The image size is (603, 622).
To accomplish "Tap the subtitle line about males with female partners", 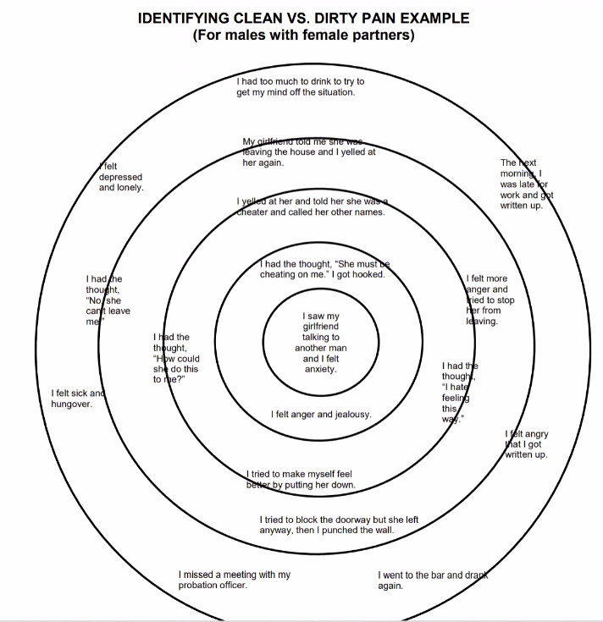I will coord(301,35).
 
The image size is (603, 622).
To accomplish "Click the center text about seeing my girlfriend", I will coord(315,343).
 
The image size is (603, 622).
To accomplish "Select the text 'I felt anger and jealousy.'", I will coord(321,415).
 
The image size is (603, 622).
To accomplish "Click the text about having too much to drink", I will coord(300,87).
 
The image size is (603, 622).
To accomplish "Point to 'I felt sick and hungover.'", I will coord(77,398).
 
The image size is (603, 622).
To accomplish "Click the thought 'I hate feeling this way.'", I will coord(458,392).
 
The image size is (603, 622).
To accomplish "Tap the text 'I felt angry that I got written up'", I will coord(526,444).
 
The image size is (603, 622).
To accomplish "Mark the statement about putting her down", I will coord(300,480).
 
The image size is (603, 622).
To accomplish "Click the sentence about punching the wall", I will coord(339,525).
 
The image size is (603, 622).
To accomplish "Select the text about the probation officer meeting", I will coord(234,580).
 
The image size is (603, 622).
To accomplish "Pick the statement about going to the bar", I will coord(433,580).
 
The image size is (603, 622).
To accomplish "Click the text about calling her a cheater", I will coord(311,206).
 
